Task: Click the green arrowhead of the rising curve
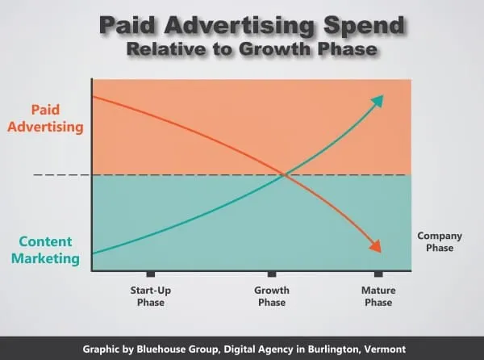pos(378,100)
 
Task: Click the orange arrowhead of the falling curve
pos(376,246)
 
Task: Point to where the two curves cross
pos(284,175)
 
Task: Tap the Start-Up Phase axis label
pos(151,296)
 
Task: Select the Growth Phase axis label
pos(272,296)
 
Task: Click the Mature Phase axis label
pos(378,296)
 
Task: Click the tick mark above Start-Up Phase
pos(151,274)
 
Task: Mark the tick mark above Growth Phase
pos(272,274)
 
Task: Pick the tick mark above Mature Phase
pos(378,274)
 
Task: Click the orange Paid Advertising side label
pos(45,119)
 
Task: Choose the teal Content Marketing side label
pos(45,250)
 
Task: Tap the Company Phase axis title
pos(440,242)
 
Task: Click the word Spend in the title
pos(365,26)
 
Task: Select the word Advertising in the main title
pos(240,26)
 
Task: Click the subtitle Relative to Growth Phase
pos(252,49)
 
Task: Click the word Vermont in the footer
pos(385,350)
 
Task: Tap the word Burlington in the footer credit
pos(334,350)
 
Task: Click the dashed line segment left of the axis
pos(62,175)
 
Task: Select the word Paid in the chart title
pos(127,25)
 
